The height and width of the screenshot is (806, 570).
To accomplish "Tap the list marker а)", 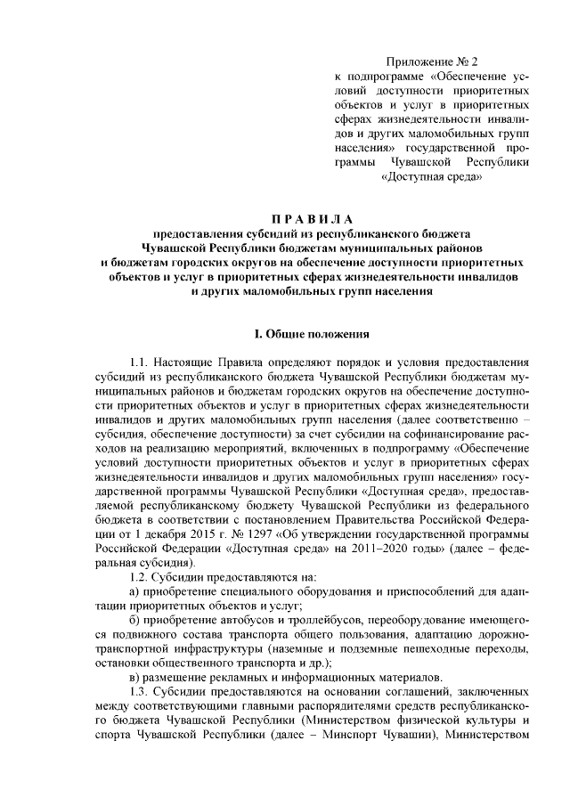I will point(134,592).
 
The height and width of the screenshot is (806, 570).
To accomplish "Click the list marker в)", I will point(134,678).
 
